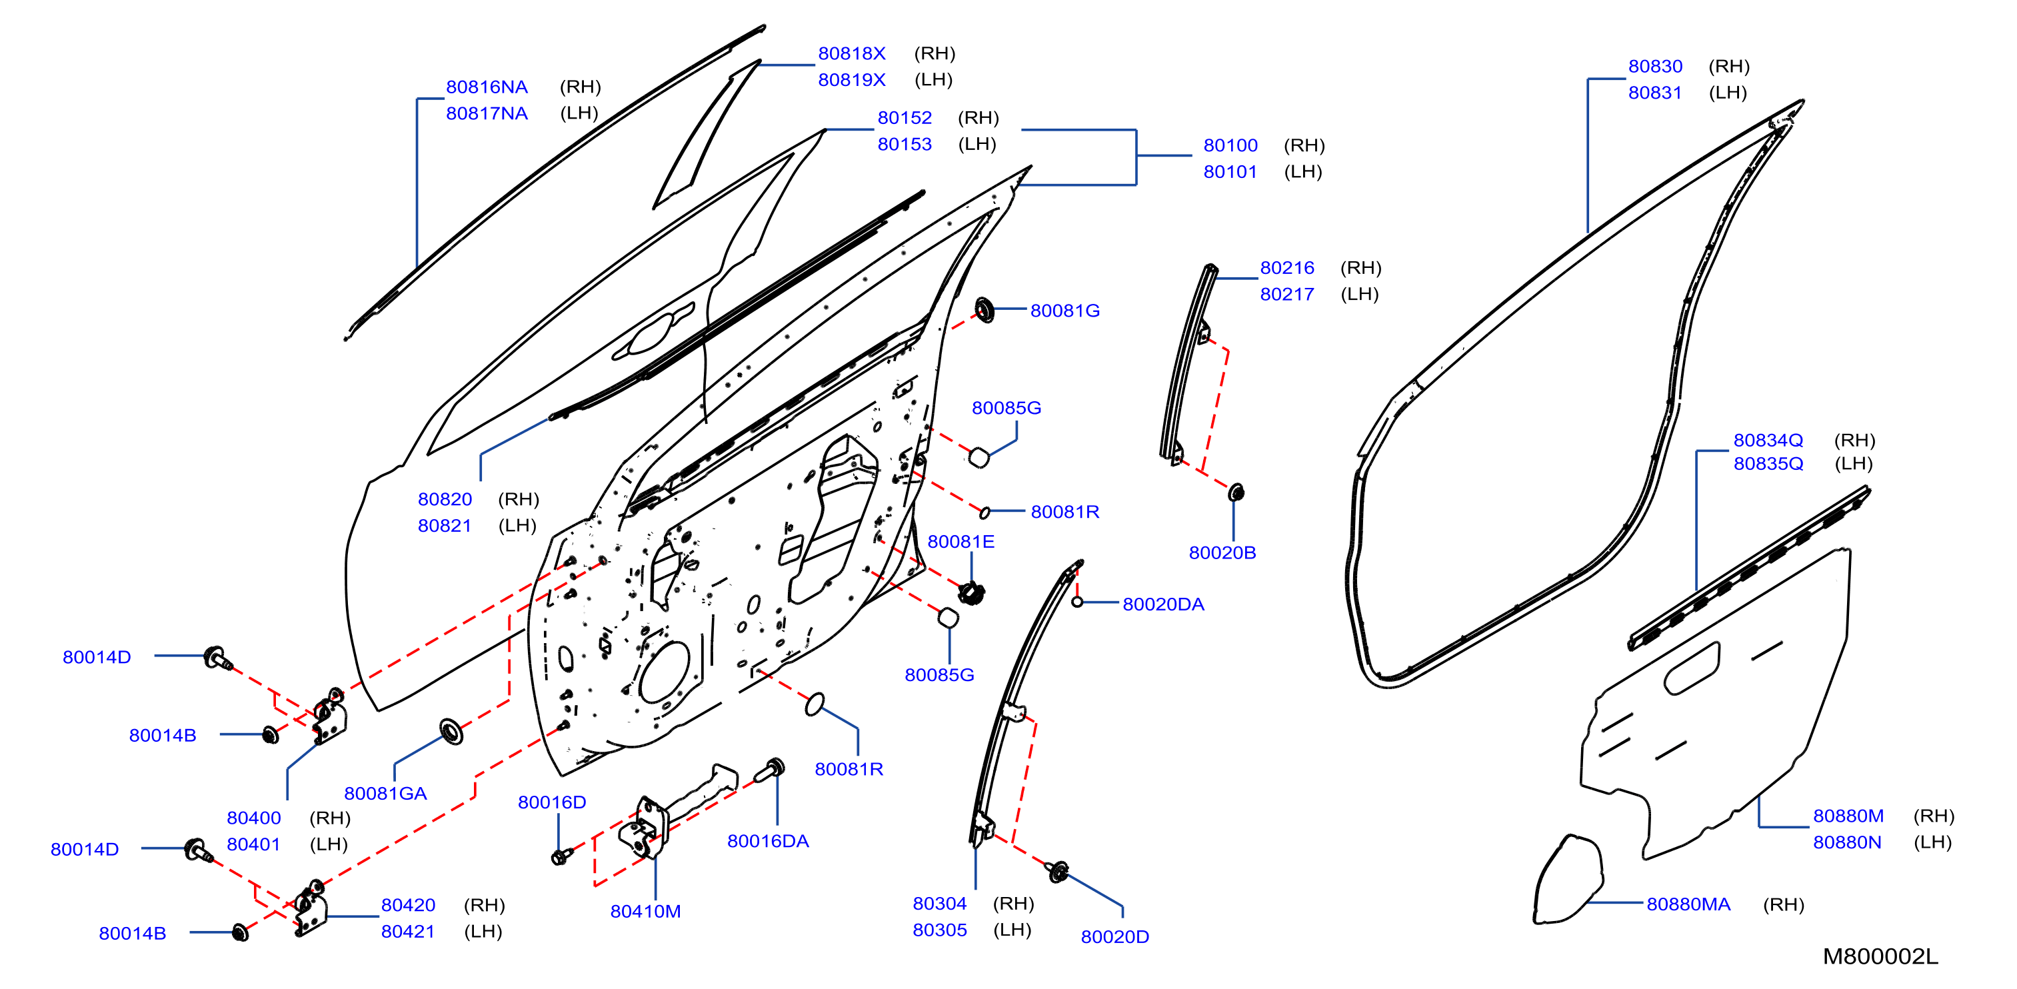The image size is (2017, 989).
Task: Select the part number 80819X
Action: [851, 80]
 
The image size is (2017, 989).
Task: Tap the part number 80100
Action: [1230, 146]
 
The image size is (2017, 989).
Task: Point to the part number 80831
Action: [1654, 93]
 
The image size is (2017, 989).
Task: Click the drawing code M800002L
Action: [1880, 956]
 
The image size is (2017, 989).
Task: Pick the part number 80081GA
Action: [385, 793]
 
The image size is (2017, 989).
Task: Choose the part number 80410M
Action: [645, 912]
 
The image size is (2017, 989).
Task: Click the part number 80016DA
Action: [767, 841]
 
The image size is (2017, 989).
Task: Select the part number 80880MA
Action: [1688, 904]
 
